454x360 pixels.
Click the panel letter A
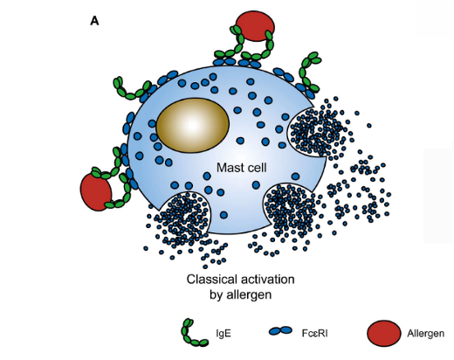point(94,21)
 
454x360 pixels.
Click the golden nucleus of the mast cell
point(193,124)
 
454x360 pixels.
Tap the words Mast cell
point(242,168)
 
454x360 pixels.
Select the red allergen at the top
point(255,26)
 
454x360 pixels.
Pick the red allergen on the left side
point(96,191)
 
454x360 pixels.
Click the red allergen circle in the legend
point(383,333)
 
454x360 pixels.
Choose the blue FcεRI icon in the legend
point(280,330)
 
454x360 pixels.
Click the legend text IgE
point(224,333)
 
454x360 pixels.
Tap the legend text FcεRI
point(314,333)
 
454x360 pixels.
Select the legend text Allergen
point(425,334)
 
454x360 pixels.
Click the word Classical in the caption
point(211,279)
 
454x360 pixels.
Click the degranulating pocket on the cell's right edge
point(308,133)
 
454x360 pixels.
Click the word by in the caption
point(216,294)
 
